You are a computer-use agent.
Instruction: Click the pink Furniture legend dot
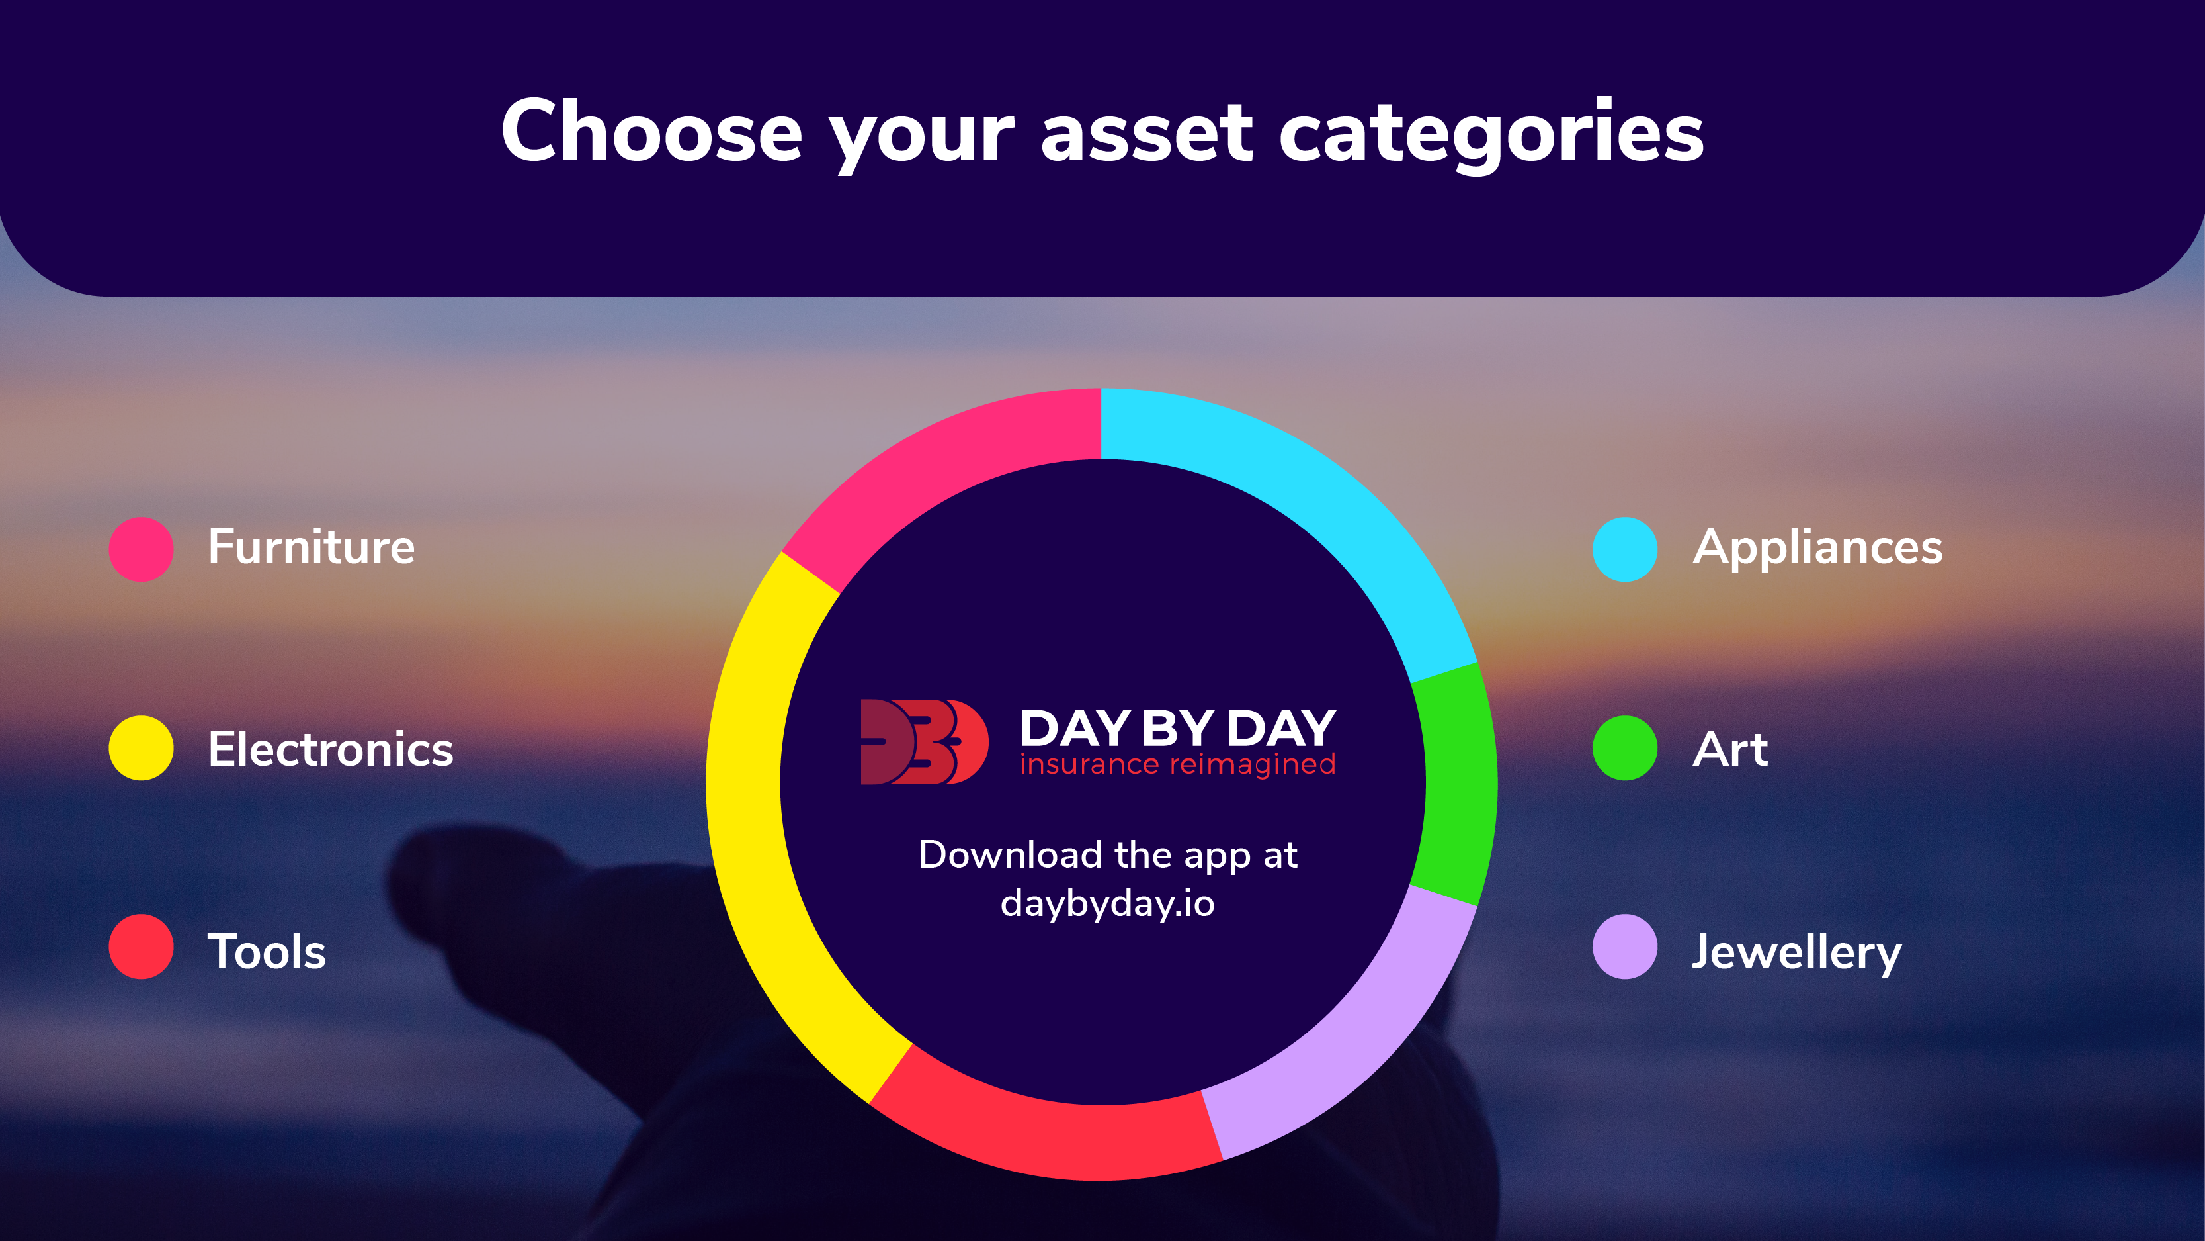click(142, 549)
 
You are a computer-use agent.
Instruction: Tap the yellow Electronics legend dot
click(142, 748)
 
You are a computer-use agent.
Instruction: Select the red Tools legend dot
click(142, 946)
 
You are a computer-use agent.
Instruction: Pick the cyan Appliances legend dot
click(1624, 549)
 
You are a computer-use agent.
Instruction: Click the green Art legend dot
click(1624, 748)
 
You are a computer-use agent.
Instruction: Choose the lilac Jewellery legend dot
click(1624, 946)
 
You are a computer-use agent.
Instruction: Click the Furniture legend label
click(312, 547)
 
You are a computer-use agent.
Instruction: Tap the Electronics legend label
click(331, 749)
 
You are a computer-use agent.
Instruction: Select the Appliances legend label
click(1817, 549)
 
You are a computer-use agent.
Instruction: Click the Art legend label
click(1730, 749)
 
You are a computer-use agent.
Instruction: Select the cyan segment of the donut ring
click(1318, 497)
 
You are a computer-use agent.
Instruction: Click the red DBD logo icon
click(925, 742)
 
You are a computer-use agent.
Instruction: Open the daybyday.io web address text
click(1108, 904)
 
